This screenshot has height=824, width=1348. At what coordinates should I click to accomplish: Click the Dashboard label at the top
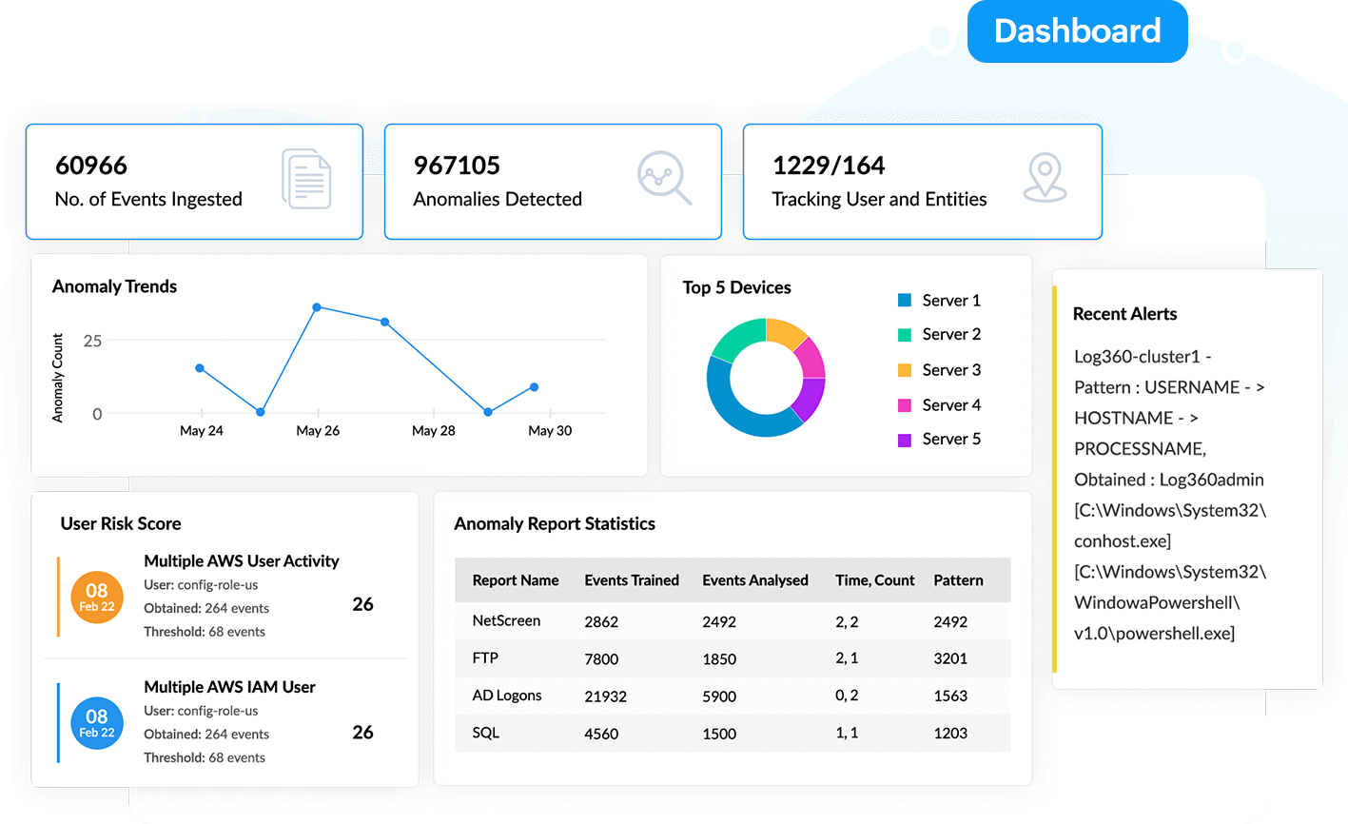(x=1077, y=31)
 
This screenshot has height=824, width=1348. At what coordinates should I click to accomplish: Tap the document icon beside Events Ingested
(x=306, y=179)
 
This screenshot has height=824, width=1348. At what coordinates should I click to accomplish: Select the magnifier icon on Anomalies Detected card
(x=664, y=178)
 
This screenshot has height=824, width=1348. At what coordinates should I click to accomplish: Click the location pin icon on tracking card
(x=1045, y=178)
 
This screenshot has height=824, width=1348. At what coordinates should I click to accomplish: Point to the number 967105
(x=457, y=166)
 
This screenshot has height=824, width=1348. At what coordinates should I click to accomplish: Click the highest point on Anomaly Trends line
(x=317, y=307)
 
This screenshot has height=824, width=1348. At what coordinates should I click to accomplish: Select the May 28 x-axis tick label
(x=433, y=431)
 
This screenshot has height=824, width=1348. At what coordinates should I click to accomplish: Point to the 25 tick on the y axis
(x=92, y=341)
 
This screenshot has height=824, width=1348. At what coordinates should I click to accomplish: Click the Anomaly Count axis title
(x=58, y=378)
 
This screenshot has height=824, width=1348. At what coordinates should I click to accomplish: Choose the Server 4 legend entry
(x=950, y=405)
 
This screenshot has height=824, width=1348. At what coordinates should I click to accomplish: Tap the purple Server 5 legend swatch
(x=905, y=440)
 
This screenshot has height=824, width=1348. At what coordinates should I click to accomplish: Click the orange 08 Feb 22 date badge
(x=97, y=597)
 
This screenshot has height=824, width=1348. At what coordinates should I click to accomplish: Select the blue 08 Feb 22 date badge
(x=97, y=722)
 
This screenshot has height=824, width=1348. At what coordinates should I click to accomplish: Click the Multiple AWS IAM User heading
(x=229, y=687)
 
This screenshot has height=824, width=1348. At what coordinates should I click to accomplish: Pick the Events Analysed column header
(x=754, y=580)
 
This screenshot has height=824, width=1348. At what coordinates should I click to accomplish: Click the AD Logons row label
(x=507, y=696)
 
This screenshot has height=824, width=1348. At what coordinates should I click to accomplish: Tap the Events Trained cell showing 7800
(x=601, y=658)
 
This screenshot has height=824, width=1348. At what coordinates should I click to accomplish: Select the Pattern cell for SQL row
(x=950, y=734)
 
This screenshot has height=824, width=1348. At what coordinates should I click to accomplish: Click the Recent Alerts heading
(x=1124, y=314)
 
